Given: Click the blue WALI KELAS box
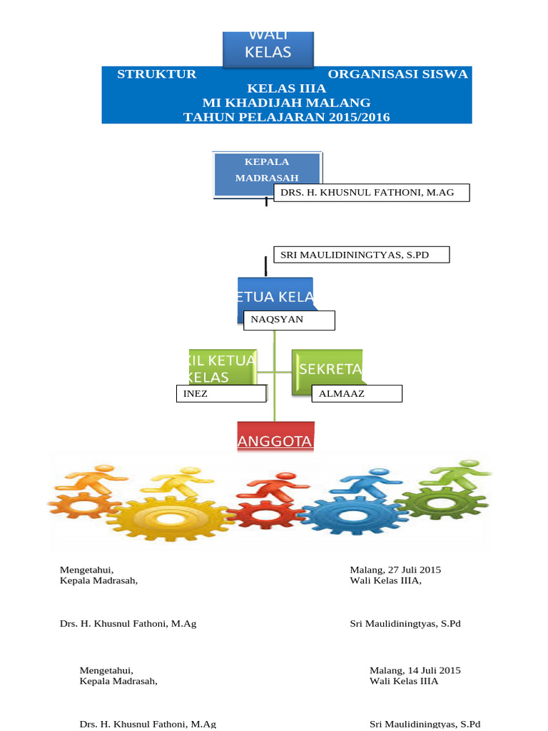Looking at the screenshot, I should [x=268, y=47].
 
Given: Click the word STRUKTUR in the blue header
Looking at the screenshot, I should [x=156, y=74].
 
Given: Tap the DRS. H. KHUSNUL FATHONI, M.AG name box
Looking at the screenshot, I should [x=372, y=192].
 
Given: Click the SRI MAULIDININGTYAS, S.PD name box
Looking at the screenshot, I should [x=361, y=255].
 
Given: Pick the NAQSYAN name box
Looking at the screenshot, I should [x=288, y=321].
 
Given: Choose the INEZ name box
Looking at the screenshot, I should [x=220, y=393].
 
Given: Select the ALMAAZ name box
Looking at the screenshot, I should [x=357, y=393].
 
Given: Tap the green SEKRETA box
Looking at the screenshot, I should [x=328, y=368].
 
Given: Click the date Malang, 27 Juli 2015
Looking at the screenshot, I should [x=395, y=570].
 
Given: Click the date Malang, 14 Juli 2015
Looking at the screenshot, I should [x=415, y=670].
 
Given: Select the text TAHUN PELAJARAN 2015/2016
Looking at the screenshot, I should [x=286, y=117].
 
